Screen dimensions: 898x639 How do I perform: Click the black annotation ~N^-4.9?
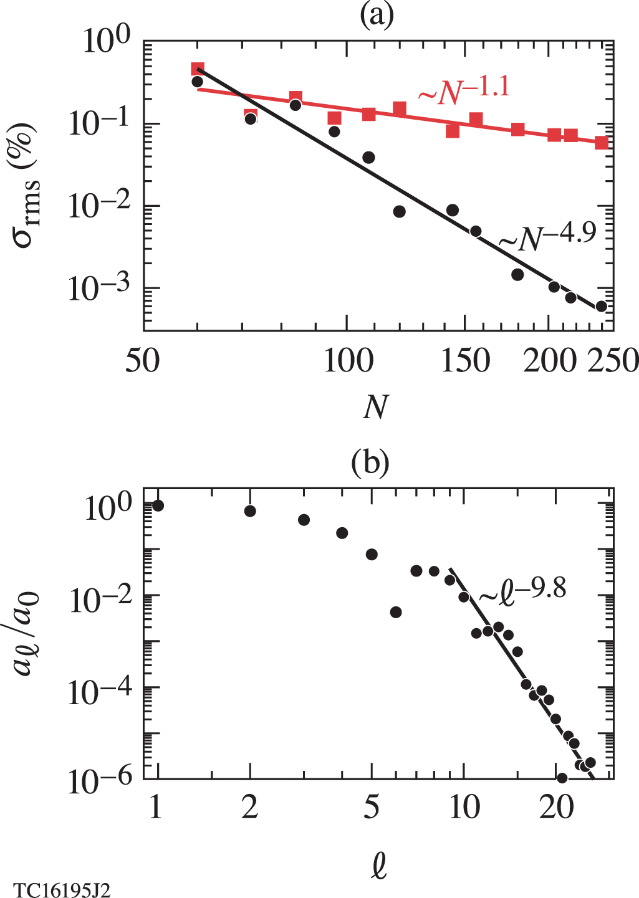pyautogui.click(x=547, y=237)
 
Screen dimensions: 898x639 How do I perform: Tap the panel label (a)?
pyautogui.click(x=377, y=16)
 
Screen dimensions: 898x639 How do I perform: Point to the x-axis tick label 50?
pyautogui.click(x=143, y=361)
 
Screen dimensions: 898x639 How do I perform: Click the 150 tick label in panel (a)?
pyautogui.click(x=465, y=361)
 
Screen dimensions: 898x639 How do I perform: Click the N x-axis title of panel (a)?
pyautogui.click(x=375, y=408)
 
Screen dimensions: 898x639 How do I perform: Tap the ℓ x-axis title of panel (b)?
pyautogui.click(x=378, y=865)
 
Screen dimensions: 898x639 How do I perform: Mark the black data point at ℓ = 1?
pyautogui.click(x=158, y=505)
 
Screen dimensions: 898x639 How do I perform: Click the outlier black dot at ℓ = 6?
pyautogui.click(x=395, y=613)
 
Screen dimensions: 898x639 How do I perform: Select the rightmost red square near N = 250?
pyautogui.click(x=601, y=143)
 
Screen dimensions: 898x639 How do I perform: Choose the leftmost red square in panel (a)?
pyautogui.click(x=198, y=69)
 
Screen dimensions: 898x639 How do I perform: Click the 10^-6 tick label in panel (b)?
pyautogui.click(x=99, y=780)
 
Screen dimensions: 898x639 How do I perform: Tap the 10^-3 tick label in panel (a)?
pyautogui.click(x=99, y=289)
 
